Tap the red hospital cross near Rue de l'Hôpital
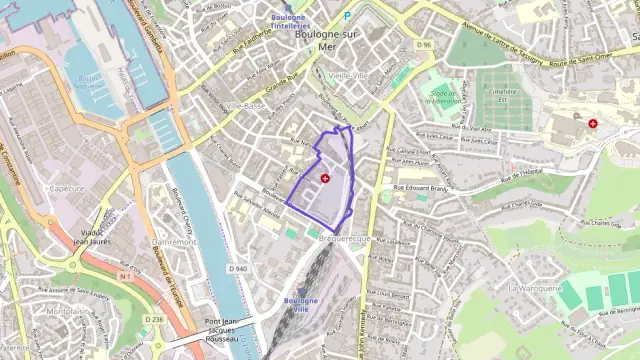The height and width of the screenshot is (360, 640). point(593,123)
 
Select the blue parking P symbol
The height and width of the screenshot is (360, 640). point(347,16)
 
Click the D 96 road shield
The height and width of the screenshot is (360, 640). point(424,45)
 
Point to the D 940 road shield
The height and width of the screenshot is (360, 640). point(238,269)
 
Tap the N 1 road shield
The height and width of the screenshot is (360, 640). point(126,276)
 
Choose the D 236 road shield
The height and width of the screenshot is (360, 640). point(153,319)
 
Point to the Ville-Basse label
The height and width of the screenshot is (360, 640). point(246,105)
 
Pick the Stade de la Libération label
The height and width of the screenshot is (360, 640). point(441,96)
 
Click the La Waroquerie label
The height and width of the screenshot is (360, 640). point(534,287)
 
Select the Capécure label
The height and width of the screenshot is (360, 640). point(66,188)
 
